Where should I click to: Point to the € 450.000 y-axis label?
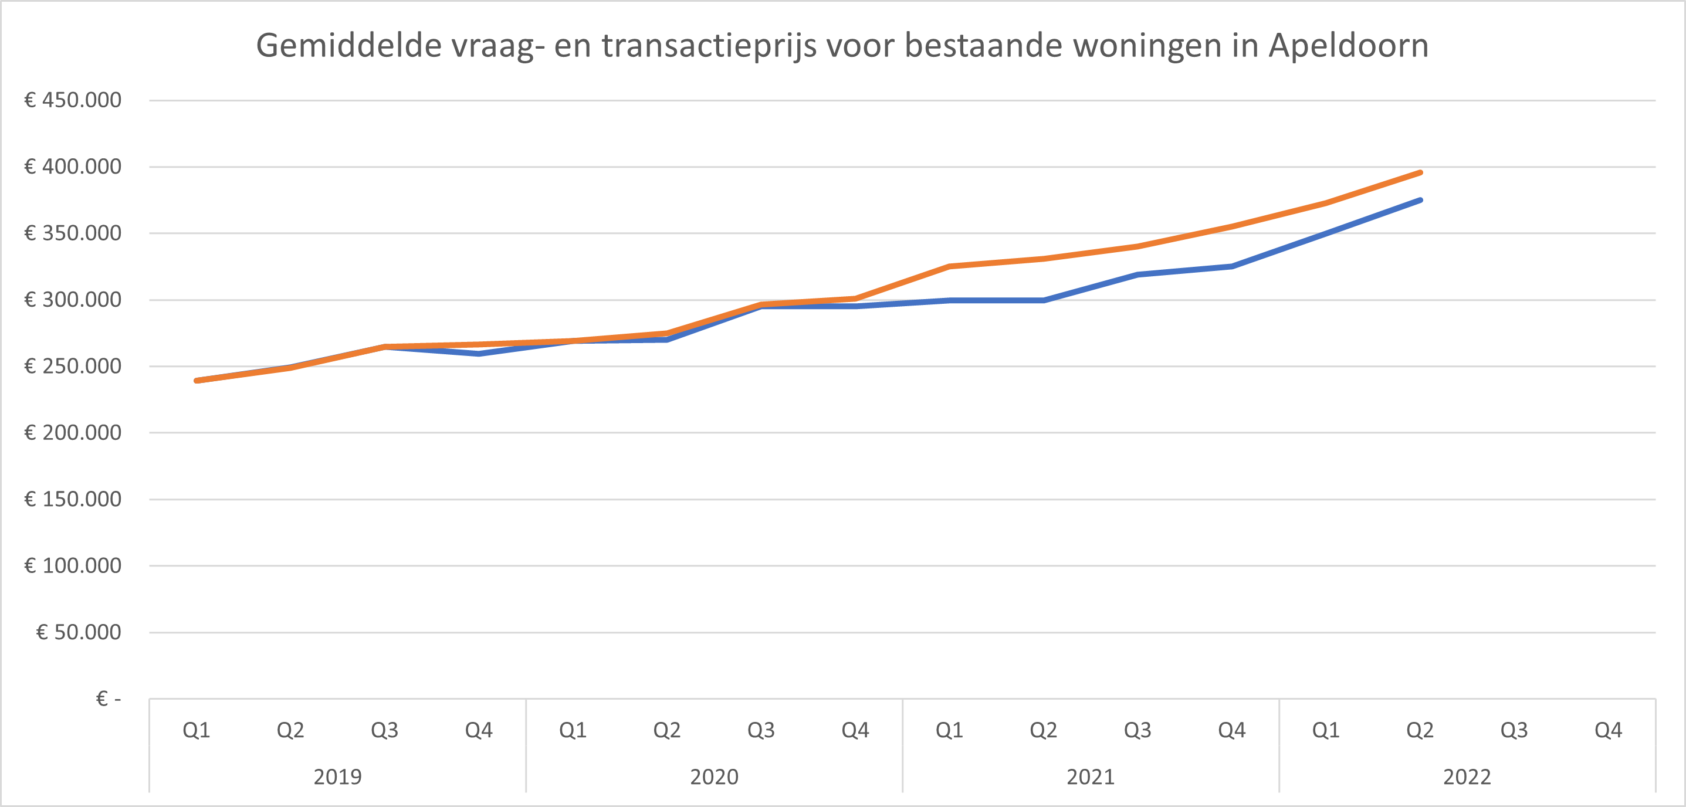tap(73, 100)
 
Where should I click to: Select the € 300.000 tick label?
tap(73, 300)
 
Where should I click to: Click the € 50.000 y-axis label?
tap(79, 632)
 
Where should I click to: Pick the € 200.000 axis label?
tap(73, 433)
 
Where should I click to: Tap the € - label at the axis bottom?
tap(109, 699)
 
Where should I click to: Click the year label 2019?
tap(337, 777)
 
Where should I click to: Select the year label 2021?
tap(1091, 777)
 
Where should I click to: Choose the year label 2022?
tap(1467, 777)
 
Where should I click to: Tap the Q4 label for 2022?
tap(1608, 730)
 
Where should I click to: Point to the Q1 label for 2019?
tap(197, 730)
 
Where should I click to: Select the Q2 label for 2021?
tap(1043, 730)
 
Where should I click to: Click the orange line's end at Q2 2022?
tap(1420, 173)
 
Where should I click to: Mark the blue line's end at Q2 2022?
tap(1420, 200)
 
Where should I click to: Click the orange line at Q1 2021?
tap(949, 266)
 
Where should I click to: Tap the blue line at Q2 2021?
tap(1043, 300)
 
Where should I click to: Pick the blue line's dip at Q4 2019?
tap(479, 354)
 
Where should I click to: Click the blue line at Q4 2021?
tap(1232, 266)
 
